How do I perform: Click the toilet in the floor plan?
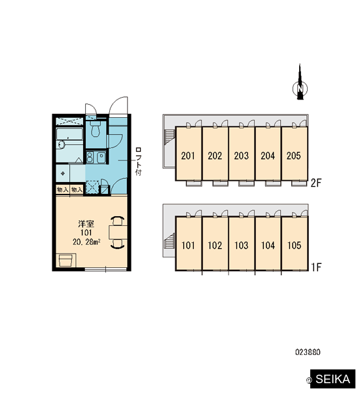tap(95, 129)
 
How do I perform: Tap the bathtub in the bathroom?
tap(69, 134)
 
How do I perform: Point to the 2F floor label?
tap(316, 183)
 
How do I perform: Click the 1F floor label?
tap(316, 267)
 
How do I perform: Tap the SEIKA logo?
tap(333, 379)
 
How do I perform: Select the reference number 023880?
tap(308, 352)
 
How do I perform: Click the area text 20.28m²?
tap(86, 242)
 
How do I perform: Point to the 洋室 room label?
tap(86, 223)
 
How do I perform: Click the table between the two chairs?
tap(118, 232)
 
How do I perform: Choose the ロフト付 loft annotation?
tap(138, 161)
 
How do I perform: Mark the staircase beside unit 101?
tap(170, 241)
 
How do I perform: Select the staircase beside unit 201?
tap(170, 137)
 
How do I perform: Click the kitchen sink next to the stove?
tap(101, 157)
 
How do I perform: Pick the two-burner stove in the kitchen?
tap(90, 157)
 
